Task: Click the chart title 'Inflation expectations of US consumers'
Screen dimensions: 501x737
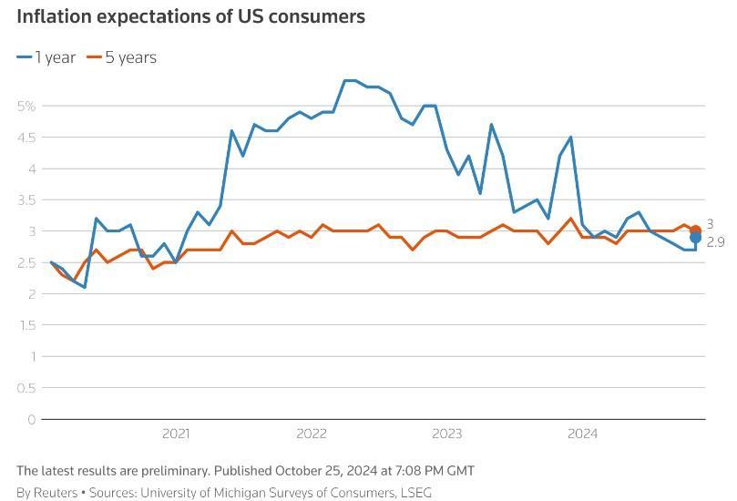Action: click(190, 16)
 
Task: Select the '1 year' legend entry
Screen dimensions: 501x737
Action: click(46, 57)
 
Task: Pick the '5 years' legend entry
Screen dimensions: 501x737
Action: click(121, 57)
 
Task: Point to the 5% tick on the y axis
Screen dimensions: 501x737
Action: click(26, 106)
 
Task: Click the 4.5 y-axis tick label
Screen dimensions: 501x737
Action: click(26, 138)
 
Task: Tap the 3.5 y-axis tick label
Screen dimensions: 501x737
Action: click(26, 199)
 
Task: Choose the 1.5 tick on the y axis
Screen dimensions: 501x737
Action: click(26, 325)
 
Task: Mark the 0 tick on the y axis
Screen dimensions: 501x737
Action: click(31, 420)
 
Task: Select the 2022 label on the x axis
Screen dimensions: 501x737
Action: click(311, 434)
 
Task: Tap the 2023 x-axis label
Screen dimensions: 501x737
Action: click(446, 434)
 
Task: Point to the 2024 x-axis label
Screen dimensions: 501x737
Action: click(582, 434)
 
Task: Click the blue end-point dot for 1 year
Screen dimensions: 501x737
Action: click(696, 238)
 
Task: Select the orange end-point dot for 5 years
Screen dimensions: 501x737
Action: click(696, 230)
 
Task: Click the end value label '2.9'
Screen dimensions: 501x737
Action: click(716, 242)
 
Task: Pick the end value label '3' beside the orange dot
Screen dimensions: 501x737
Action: click(711, 224)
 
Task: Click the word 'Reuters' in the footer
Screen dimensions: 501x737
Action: click(56, 493)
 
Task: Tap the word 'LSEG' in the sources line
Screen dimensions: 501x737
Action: click(415, 493)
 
